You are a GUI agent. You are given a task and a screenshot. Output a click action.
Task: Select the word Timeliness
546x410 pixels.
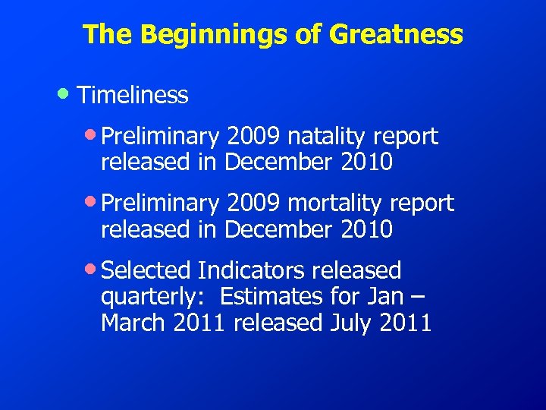click(x=133, y=95)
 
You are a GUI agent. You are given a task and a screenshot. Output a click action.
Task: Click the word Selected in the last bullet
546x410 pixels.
click(x=146, y=270)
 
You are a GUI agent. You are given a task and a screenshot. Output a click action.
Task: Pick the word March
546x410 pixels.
click(x=134, y=323)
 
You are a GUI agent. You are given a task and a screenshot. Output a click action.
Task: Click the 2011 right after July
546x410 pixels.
click(x=406, y=323)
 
